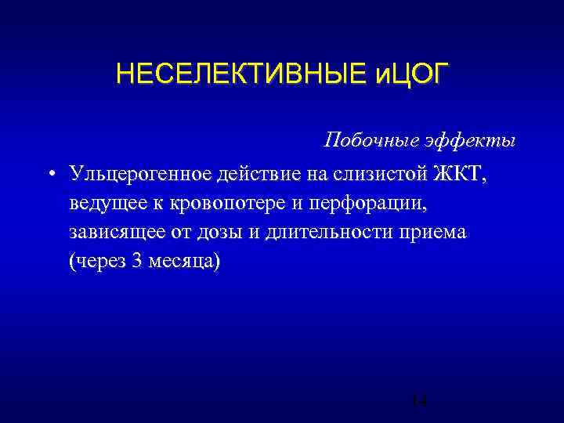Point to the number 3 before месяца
(x=139, y=262)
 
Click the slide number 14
(x=419, y=401)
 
